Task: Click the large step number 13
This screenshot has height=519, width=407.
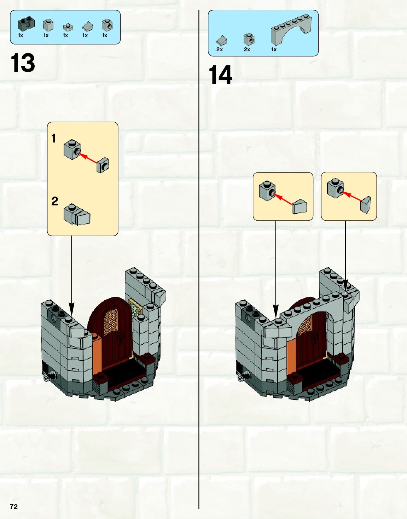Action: point(23,63)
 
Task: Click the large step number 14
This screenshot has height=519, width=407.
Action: point(220,75)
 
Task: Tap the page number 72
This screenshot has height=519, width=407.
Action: point(14,507)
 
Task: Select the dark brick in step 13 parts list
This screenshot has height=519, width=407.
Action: point(25,24)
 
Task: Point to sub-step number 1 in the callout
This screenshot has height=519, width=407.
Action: point(54,138)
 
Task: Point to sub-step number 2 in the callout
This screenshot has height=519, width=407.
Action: point(54,201)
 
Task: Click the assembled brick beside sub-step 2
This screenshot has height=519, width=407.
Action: point(77,215)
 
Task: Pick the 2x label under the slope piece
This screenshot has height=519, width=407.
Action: point(220,49)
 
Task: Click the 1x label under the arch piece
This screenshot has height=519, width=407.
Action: point(274,49)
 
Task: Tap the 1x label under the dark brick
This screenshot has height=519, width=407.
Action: point(21,35)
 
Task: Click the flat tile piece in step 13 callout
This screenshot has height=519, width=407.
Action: point(103,165)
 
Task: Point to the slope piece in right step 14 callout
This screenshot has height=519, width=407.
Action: point(366,205)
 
